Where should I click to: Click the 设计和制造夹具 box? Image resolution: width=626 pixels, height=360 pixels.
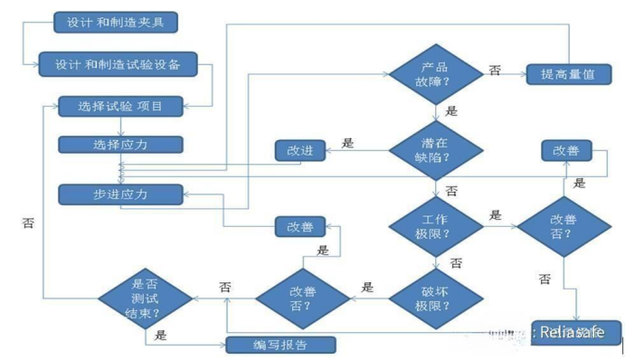coord(110,22)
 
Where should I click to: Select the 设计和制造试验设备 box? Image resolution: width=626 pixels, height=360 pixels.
coord(118,63)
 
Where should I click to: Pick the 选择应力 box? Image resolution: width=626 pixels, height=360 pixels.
coord(121,145)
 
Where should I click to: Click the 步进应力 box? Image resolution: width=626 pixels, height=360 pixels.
coord(121,194)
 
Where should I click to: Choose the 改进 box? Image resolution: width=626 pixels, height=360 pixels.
coord(299,150)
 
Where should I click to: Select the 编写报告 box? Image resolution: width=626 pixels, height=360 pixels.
coord(280,344)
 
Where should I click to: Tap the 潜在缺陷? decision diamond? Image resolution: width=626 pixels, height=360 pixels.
coord(435,150)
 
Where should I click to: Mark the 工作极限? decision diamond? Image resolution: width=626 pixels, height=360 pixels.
coord(435,227)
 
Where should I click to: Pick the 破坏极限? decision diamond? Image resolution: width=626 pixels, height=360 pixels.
coord(435,298)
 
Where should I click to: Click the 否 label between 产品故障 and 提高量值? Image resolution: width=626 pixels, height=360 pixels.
coord(495,70)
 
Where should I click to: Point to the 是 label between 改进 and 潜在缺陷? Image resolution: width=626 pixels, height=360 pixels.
coord(347,143)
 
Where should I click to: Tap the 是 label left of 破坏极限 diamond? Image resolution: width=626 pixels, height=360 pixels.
coord(367,288)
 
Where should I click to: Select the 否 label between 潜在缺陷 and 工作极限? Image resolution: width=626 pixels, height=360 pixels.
coord(451,192)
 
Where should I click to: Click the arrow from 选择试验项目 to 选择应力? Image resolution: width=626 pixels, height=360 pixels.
coord(121,126)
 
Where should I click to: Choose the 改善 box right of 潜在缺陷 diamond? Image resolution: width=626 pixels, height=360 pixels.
coord(566,150)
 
